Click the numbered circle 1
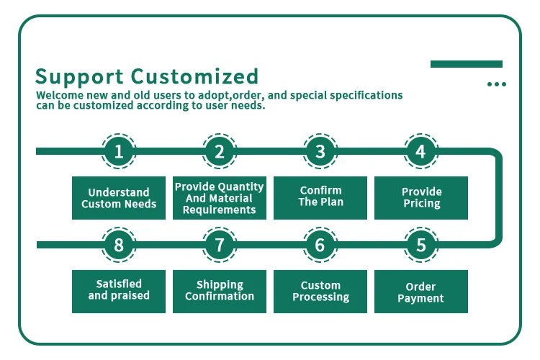pyautogui.click(x=119, y=151)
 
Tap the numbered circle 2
pyautogui.click(x=220, y=151)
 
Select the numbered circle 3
pyautogui.click(x=320, y=151)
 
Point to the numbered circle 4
pyautogui.click(x=421, y=151)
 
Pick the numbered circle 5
pyautogui.click(x=421, y=245)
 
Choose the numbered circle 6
pyautogui.click(x=320, y=245)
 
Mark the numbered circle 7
pyautogui.click(x=220, y=245)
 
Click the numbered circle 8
pyautogui.click(x=119, y=245)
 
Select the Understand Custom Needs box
pyautogui.click(x=119, y=198)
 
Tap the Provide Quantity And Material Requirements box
pyautogui.click(x=220, y=198)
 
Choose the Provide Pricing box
pyautogui.click(x=421, y=198)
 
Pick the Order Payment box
pyautogui.click(x=421, y=292)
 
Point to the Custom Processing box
pyautogui.click(x=320, y=292)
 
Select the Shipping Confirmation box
pyautogui.click(x=220, y=292)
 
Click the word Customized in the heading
pyautogui.click(x=194, y=76)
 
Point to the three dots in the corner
pyautogui.click(x=496, y=84)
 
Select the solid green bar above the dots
pyautogui.click(x=466, y=64)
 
